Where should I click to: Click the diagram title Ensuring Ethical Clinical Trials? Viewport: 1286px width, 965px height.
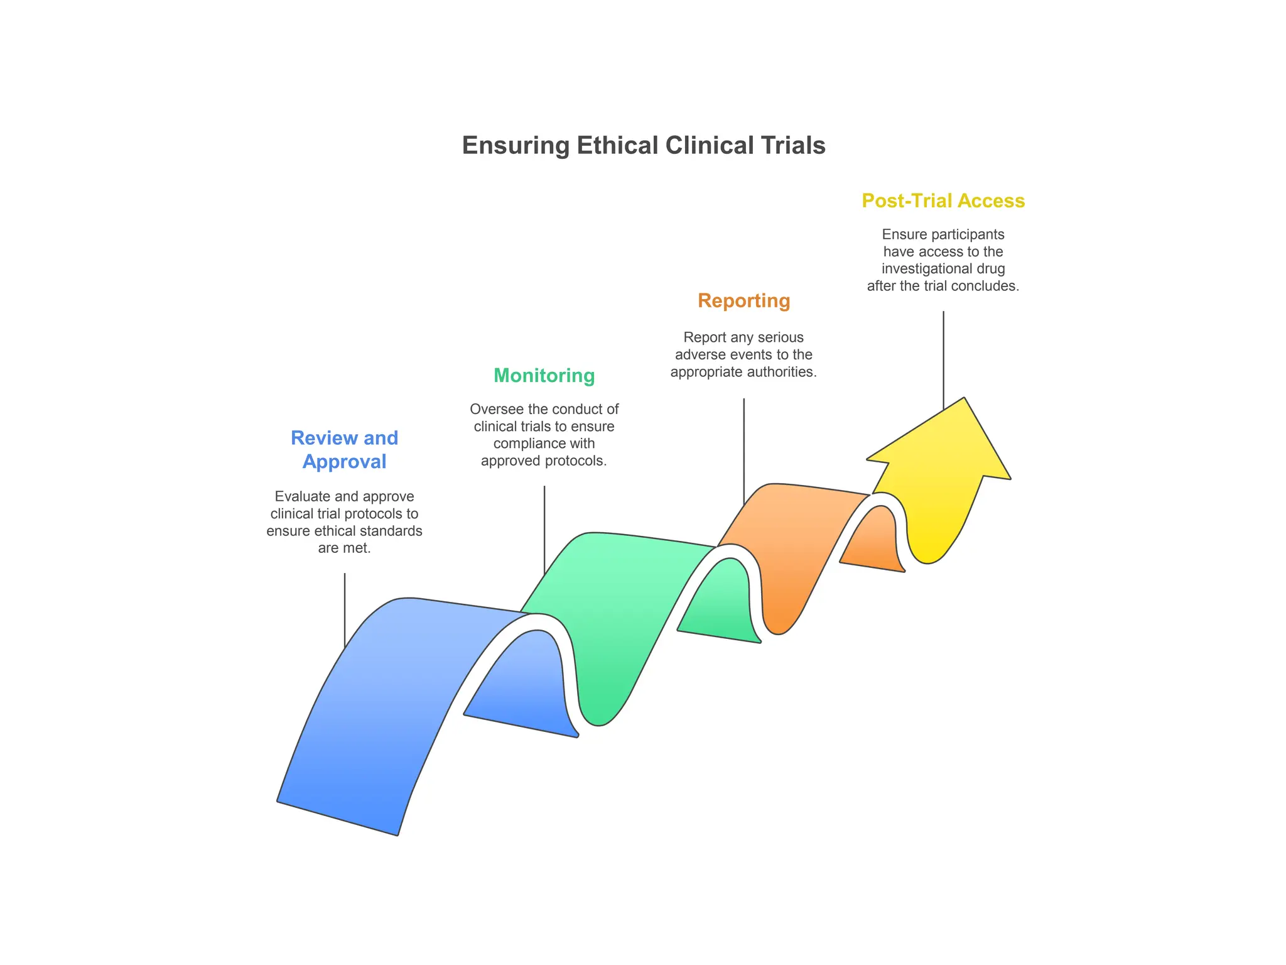(x=643, y=146)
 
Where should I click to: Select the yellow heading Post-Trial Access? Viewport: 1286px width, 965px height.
(x=943, y=201)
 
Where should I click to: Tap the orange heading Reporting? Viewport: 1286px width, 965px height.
(x=743, y=301)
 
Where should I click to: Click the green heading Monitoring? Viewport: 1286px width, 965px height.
(x=544, y=376)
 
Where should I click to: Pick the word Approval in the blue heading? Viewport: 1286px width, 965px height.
(x=344, y=462)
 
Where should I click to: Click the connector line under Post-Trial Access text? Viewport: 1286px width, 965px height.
(x=943, y=358)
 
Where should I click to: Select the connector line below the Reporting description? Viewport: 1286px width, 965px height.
(x=743, y=449)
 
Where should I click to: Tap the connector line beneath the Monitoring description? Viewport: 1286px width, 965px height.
(x=544, y=528)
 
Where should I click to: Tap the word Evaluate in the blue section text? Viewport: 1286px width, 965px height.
(x=298, y=497)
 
